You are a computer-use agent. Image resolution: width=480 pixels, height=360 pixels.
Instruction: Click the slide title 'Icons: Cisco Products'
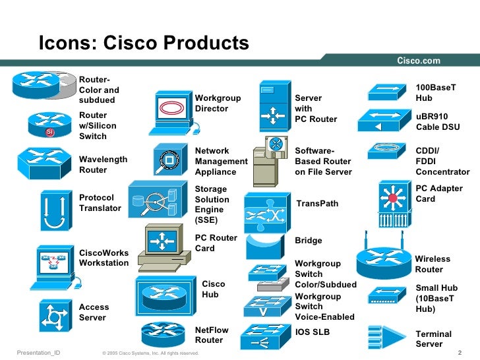coord(143,44)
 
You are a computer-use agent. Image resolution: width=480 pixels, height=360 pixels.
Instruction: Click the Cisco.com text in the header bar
coord(418,61)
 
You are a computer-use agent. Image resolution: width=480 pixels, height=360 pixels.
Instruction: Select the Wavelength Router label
coord(103,164)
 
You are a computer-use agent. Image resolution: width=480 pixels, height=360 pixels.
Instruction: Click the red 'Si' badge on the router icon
coord(49,133)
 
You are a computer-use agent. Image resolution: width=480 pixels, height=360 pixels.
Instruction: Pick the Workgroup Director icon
coord(174,107)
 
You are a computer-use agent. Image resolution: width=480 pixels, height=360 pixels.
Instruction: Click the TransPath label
coord(317,204)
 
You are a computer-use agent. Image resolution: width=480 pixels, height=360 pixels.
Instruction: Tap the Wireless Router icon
coord(383,257)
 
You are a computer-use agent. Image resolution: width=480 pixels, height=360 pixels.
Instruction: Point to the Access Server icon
coord(55,315)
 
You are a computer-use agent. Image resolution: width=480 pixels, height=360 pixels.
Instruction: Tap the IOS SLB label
coord(312,332)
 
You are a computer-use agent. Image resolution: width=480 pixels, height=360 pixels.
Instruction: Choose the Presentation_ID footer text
coord(38,353)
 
